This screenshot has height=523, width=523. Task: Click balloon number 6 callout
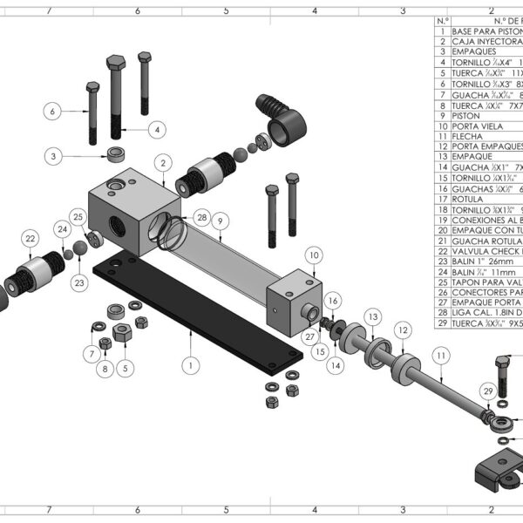coord(52,112)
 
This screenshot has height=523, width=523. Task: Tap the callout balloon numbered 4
coord(156,129)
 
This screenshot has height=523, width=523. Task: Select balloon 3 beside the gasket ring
coord(54,156)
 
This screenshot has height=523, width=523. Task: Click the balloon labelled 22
coord(30,238)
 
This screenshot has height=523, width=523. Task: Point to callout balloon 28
coord(202,216)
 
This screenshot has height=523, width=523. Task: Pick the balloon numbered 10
coord(314,254)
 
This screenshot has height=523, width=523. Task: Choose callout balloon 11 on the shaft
coord(441,356)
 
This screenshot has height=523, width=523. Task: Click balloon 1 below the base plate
coord(188,365)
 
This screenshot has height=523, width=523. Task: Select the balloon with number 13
coord(372,315)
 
